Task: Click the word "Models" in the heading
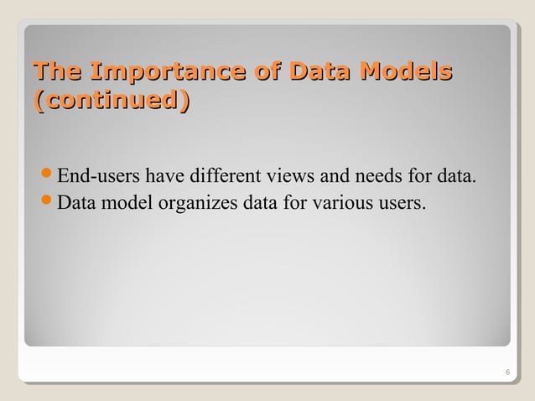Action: (x=406, y=73)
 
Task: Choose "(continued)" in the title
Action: (x=109, y=102)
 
